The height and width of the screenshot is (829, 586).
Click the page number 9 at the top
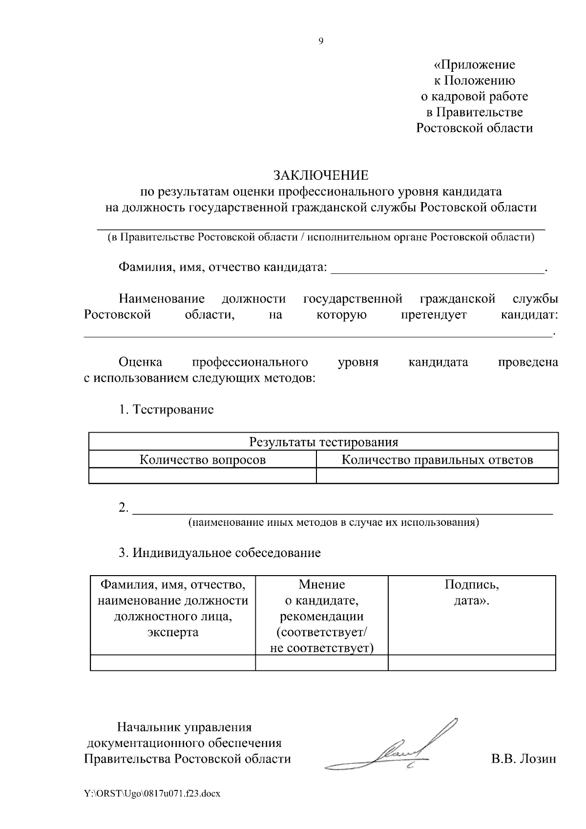pyautogui.click(x=321, y=41)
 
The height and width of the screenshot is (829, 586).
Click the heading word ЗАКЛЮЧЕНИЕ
pyautogui.click(x=321, y=175)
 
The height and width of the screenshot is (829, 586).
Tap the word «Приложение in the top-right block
pyautogui.click(x=475, y=64)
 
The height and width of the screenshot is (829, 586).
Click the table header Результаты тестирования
pyautogui.click(x=323, y=442)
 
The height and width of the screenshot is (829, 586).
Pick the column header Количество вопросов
pyautogui.click(x=203, y=459)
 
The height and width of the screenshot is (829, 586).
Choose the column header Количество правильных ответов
pyautogui.click(x=437, y=459)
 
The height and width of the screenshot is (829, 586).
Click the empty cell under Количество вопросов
pyautogui.click(x=203, y=476)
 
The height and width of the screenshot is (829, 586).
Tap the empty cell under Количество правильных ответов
pyautogui.click(x=437, y=476)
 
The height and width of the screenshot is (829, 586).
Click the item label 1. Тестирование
pyautogui.click(x=166, y=409)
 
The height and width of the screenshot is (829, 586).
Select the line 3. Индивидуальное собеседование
pyautogui.click(x=220, y=553)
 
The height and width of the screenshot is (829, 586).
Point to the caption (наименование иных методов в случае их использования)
pyautogui.click(x=334, y=522)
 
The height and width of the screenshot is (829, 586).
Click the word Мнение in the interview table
pyautogui.click(x=322, y=584)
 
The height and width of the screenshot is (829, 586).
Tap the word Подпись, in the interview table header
pyautogui.click(x=472, y=584)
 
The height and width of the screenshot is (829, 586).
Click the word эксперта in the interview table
pyautogui.click(x=173, y=632)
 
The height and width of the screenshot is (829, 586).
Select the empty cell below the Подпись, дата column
pyautogui.click(x=472, y=663)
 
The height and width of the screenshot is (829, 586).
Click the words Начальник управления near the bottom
pyautogui.click(x=184, y=727)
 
